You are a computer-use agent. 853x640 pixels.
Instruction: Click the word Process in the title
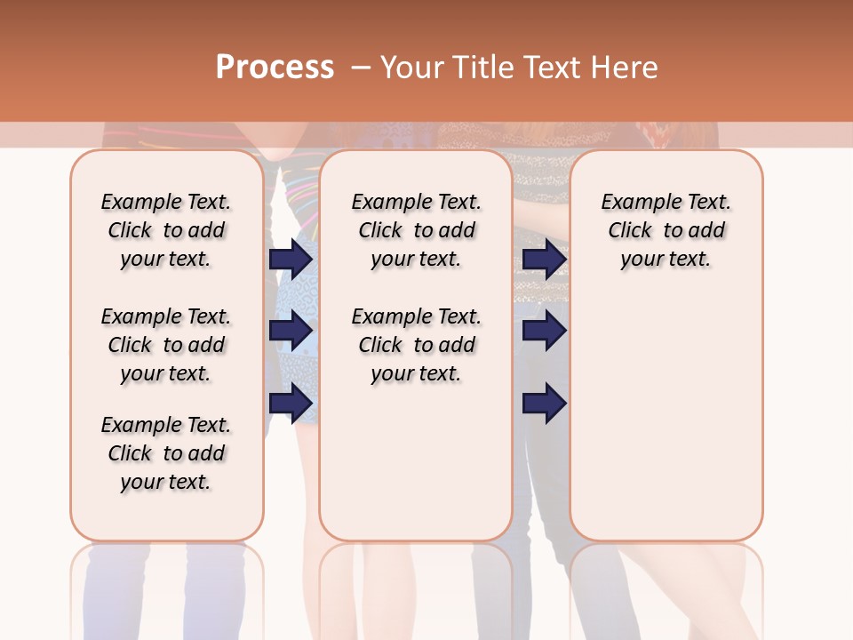[x=275, y=68]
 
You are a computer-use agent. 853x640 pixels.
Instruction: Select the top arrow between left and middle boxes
[x=291, y=260]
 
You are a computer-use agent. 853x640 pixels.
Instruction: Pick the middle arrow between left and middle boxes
[x=291, y=331]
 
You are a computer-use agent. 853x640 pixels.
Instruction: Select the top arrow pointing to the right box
[x=544, y=260]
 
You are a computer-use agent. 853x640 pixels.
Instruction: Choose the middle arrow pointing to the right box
[x=544, y=331]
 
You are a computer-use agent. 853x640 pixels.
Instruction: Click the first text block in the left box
[x=166, y=230]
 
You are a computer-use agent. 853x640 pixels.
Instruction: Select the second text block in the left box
[x=166, y=345]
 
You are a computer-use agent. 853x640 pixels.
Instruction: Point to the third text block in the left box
[x=166, y=453]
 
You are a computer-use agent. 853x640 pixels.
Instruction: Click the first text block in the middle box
[x=417, y=230]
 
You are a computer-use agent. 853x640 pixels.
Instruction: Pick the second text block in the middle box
[x=417, y=345]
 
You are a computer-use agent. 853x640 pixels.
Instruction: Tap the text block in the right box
[x=666, y=230]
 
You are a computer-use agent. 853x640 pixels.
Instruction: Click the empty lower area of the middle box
[x=417, y=462]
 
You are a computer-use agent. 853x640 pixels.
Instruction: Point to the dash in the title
[x=361, y=68]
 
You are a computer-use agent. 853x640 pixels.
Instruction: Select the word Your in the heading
[x=411, y=68]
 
